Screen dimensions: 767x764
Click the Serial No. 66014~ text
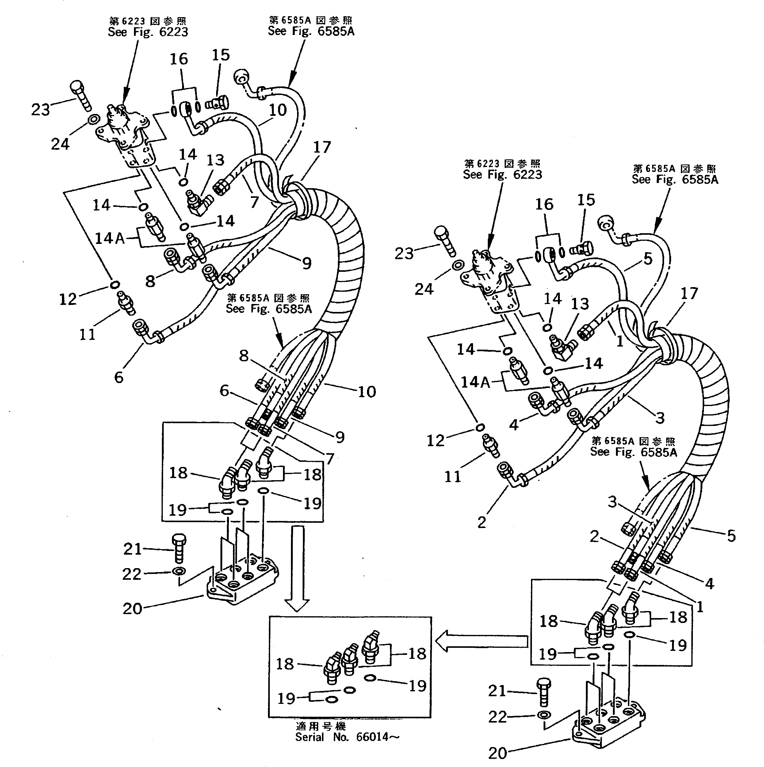click(x=347, y=737)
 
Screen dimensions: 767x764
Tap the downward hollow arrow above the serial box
click(x=297, y=568)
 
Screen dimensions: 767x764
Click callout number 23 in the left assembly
click(x=40, y=110)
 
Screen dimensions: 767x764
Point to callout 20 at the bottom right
click(x=498, y=753)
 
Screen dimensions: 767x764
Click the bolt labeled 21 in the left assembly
click(x=179, y=548)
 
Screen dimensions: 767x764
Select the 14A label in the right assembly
click(x=475, y=382)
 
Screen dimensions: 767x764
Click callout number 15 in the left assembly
click(x=220, y=55)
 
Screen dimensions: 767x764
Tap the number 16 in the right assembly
click(x=544, y=204)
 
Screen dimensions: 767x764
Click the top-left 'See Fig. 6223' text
click(x=148, y=32)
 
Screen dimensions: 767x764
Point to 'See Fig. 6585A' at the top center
click(x=311, y=31)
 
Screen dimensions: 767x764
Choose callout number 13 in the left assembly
click(x=215, y=160)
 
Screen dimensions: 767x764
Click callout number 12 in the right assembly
click(x=435, y=441)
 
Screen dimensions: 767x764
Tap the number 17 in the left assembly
click(x=322, y=147)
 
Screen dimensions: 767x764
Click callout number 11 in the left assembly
click(x=87, y=334)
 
